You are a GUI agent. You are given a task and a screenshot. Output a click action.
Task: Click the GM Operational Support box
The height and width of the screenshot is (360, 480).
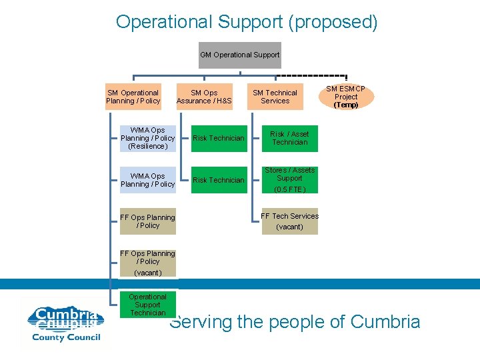(x=240, y=55)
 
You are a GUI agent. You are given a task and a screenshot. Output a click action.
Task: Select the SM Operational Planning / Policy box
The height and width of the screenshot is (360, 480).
(x=133, y=97)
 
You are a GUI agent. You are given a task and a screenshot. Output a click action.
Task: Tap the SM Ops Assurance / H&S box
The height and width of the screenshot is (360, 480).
(x=204, y=97)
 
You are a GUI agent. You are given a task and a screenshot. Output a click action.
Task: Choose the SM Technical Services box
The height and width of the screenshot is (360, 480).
(x=275, y=97)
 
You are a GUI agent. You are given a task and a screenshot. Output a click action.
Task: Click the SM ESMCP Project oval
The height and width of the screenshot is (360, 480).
(x=346, y=97)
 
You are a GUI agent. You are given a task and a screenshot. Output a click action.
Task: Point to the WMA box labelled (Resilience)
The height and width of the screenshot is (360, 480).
(x=147, y=138)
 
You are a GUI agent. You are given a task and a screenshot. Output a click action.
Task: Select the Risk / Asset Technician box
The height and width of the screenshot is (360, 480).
(x=290, y=138)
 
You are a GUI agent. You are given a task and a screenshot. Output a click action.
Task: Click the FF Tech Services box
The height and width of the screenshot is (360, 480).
(x=289, y=221)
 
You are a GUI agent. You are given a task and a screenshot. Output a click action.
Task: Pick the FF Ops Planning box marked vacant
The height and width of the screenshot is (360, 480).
(x=147, y=263)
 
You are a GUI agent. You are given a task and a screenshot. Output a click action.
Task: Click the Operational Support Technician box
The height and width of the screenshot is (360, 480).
(x=147, y=305)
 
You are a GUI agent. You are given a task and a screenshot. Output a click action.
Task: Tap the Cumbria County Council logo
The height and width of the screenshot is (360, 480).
(x=65, y=323)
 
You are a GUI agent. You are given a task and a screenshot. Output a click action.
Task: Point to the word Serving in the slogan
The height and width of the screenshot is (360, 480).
(x=201, y=322)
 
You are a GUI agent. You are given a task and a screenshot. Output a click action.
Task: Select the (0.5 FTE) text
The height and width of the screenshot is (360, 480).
(x=289, y=189)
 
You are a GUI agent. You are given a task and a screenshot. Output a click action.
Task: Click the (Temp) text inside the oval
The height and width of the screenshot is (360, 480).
(x=346, y=105)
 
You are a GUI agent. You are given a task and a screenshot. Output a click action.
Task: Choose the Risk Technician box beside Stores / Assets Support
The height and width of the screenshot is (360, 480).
(x=218, y=180)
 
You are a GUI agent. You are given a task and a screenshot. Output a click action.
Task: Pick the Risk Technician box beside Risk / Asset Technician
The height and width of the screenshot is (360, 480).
(x=218, y=138)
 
